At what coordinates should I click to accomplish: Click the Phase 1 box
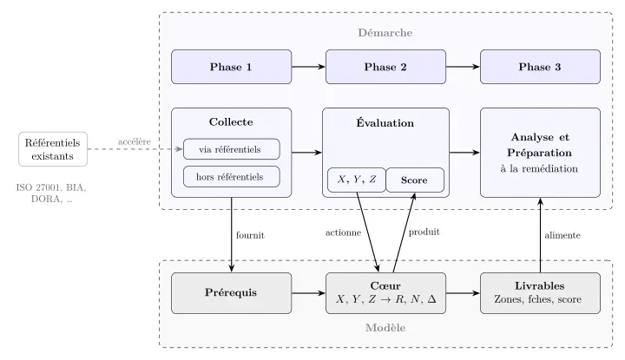point(231,67)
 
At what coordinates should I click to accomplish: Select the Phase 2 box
point(385,67)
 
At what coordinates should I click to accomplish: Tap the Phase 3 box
point(540,67)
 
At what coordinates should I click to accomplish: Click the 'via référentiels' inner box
point(231,148)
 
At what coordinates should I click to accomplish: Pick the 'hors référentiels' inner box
point(231,176)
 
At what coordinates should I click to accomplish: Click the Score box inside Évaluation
point(415,180)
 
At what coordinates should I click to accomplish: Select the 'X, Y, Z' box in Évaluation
point(356,180)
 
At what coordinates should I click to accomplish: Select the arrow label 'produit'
point(424,232)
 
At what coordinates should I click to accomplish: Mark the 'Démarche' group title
point(385,33)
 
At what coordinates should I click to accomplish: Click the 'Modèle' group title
point(385,328)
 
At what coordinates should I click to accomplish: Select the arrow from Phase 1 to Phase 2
point(307,67)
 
